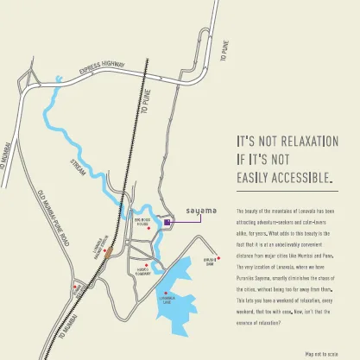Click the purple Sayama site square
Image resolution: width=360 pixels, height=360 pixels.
167,223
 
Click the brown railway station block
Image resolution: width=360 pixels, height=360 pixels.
108,252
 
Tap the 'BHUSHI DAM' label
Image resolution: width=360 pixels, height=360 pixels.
209,262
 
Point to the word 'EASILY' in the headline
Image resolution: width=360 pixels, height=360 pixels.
250,178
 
